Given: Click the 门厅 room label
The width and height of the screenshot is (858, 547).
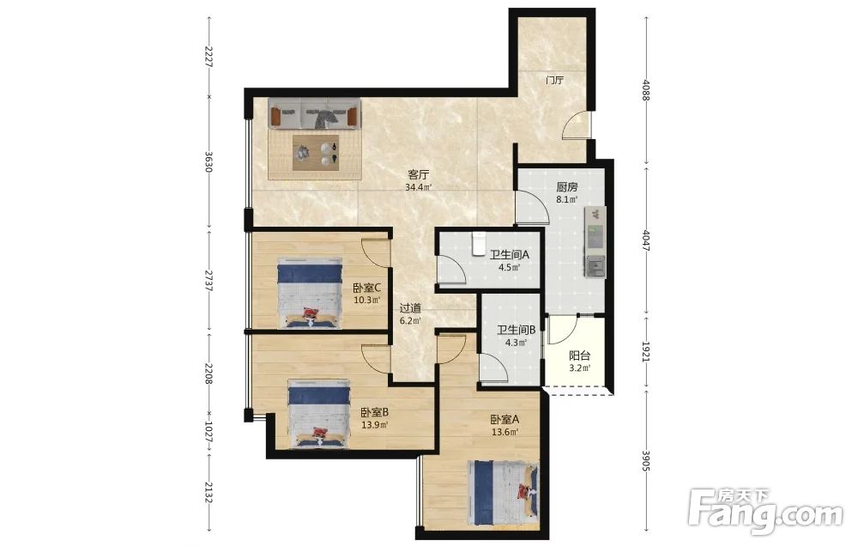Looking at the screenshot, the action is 554,81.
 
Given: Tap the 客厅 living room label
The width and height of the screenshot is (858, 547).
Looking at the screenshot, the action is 419,175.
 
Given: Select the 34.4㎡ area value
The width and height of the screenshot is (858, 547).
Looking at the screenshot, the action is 419,187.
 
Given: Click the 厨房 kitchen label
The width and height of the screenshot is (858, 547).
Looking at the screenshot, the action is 566,187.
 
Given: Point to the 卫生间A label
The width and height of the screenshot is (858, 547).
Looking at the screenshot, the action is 509,255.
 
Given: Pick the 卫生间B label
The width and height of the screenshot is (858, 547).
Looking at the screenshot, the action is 516,330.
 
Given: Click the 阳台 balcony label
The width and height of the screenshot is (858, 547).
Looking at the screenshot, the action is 579,356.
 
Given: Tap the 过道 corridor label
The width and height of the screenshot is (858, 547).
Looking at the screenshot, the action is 410,308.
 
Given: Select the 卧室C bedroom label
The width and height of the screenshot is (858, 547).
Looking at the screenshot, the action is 366,288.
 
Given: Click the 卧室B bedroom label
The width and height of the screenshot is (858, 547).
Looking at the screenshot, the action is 374,412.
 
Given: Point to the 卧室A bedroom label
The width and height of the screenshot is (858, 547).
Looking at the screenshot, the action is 505,419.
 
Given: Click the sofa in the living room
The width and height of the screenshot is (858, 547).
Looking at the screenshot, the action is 315,114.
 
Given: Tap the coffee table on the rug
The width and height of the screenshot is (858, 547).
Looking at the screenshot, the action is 315,153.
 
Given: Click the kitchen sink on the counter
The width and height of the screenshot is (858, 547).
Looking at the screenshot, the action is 595,267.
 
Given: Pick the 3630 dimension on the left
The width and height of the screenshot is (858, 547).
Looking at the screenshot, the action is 208,162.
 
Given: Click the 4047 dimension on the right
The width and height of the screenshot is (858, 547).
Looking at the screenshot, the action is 646,240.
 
